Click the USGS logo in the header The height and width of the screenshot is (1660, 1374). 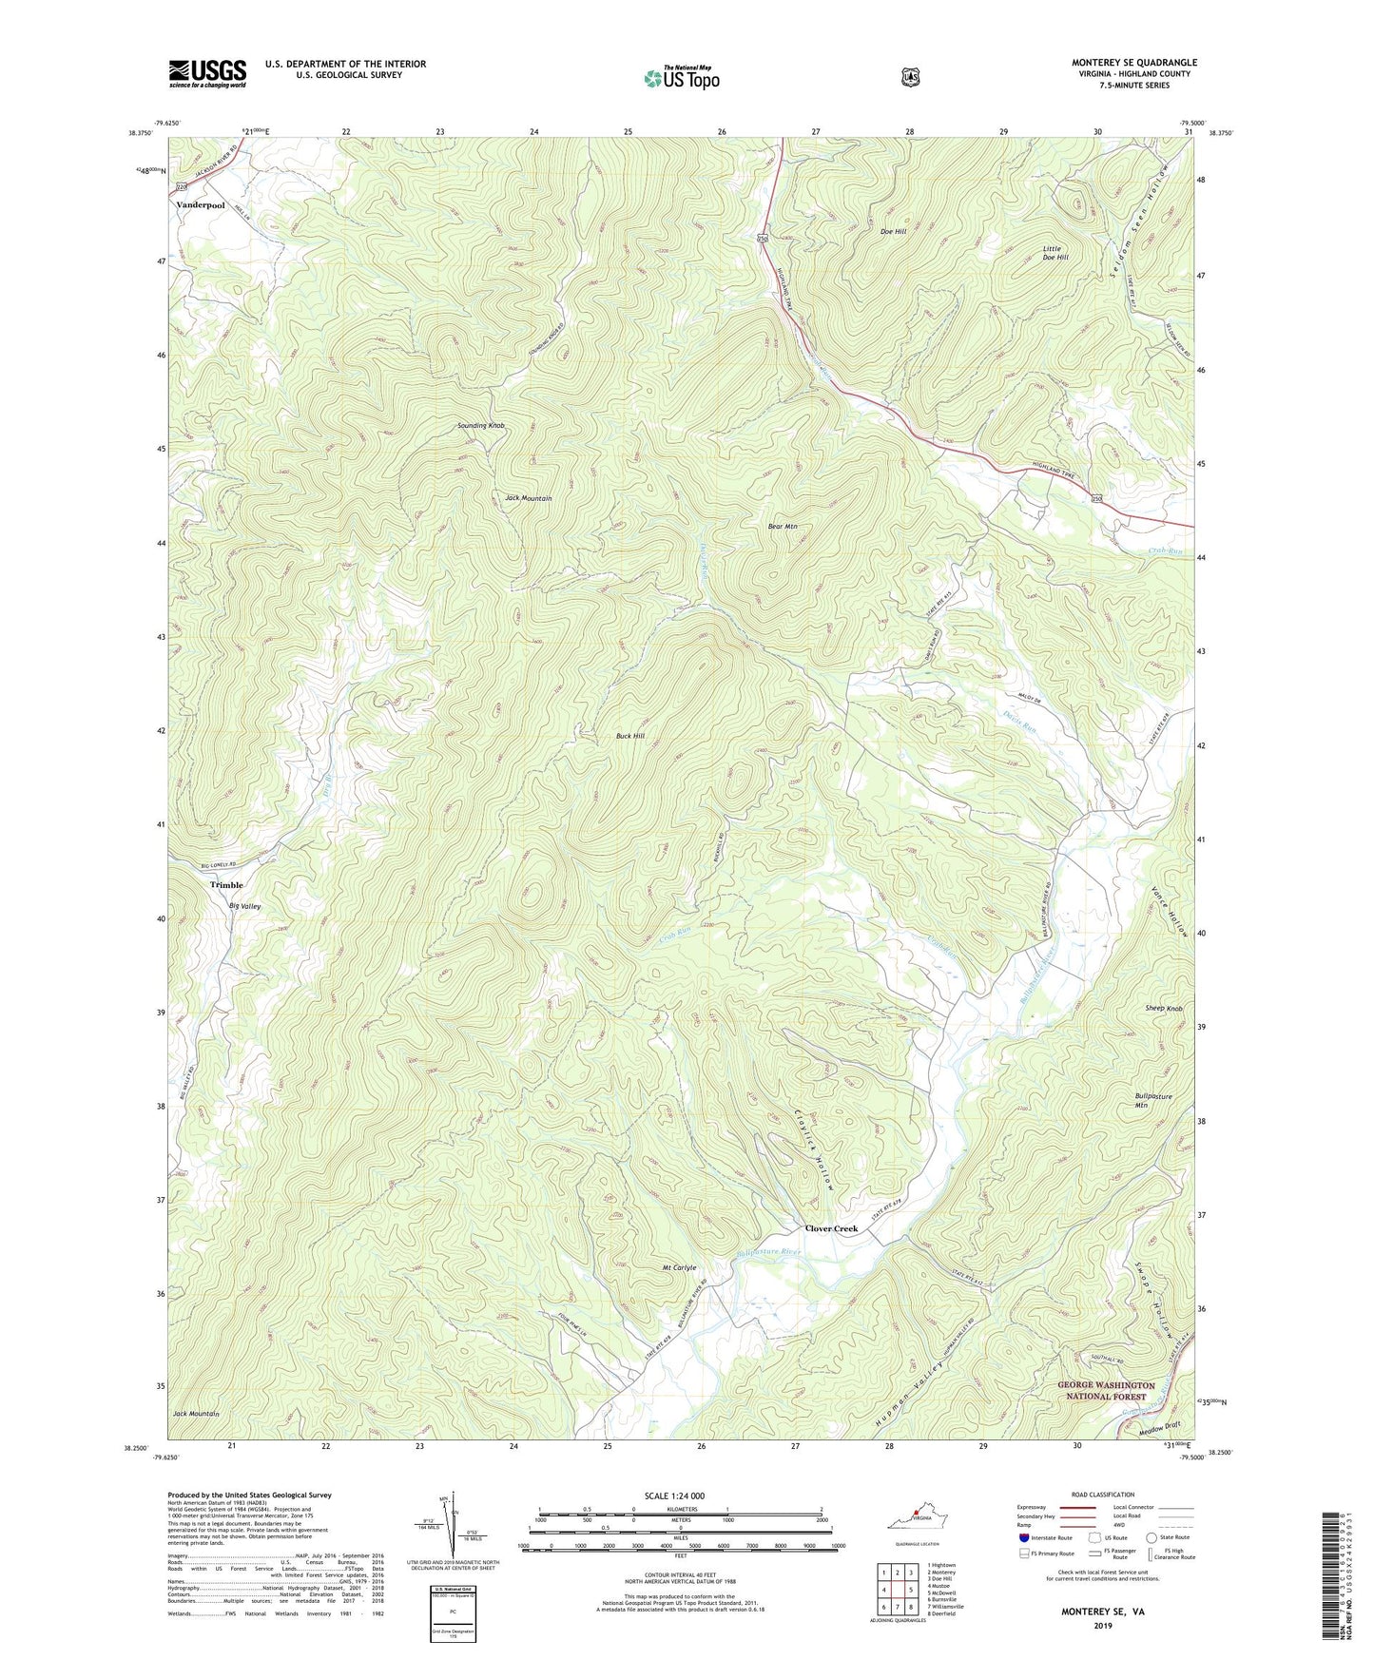pos(207,73)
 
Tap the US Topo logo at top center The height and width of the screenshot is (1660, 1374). pos(681,78)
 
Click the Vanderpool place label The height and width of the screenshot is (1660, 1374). pos(200,205)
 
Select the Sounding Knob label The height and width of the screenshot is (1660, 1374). pos(480,425)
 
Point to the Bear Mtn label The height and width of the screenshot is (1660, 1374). pos(783,526)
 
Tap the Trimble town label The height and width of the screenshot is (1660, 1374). pos(226,885)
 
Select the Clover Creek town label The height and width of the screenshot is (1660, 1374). pos(831,1228)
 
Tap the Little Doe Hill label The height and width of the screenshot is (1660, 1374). pos(1055,253)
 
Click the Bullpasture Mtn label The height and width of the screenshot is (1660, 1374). pos(1153,1101)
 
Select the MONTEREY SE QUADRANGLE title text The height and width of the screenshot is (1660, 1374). pos(1133,63)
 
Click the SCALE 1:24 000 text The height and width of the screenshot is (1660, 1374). pos(674,1496)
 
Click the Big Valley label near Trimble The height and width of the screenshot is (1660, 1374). pos(244,906)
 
